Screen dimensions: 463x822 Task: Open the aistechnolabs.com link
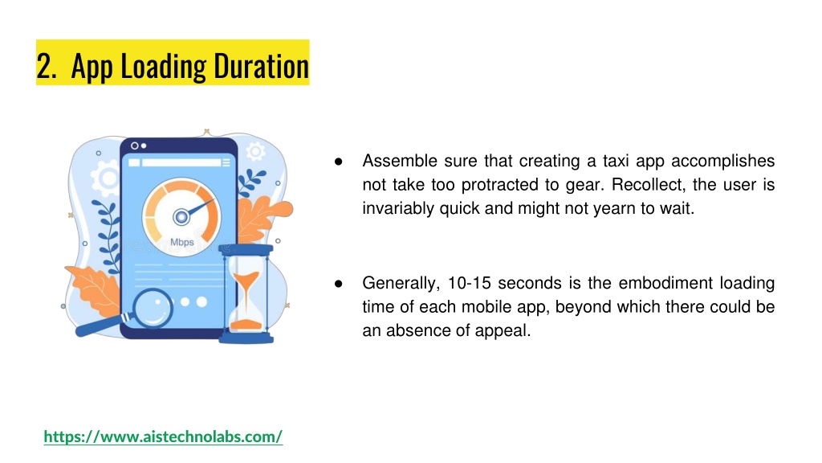coord(163,436)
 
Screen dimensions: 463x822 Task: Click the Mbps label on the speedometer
coord(181,242)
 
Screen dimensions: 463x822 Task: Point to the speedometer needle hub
coord(181,215)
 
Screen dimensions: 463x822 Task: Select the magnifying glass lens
coord(152,309)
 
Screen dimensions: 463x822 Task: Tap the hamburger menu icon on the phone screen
coord(226,162)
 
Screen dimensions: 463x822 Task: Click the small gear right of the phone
coord(256,150)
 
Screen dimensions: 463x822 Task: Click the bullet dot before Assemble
coord(339,162)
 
